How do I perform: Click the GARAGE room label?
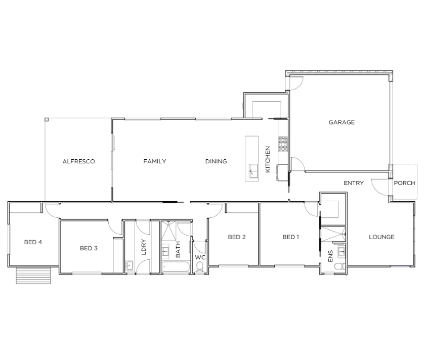(342, 122)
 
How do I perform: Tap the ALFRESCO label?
(78, 162)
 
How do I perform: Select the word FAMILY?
(154, 161)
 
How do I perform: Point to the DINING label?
(216, 161)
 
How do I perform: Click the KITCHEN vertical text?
(268, 159)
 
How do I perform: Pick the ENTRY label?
(354, 184)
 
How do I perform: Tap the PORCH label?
(404, 184)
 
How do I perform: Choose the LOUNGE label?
(381, 237)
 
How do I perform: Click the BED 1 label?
(290, 237)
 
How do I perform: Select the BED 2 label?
(237, 237)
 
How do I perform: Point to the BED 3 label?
(89, 248)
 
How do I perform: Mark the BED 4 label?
(33, 242)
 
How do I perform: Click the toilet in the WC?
(200, 266)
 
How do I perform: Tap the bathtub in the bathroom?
(176, 267)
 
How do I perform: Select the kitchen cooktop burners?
(283, 144)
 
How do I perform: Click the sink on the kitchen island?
(253, 171)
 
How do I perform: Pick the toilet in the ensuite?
(340, 266)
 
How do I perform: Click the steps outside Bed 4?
(33, 276)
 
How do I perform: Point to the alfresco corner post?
(47, 119)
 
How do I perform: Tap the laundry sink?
(130, 265)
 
